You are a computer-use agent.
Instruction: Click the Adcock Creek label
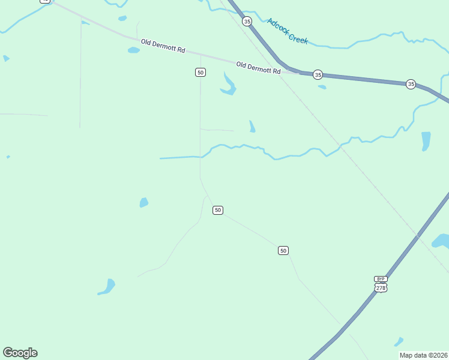click(288, 31)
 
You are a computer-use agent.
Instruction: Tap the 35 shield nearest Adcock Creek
click(247, 21)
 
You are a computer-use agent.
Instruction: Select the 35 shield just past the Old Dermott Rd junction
click(318, 75)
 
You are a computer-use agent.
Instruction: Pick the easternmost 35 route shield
click(411, 84)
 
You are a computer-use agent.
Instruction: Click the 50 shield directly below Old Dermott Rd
click(200, 72)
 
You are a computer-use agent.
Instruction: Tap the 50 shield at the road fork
click(218, 210)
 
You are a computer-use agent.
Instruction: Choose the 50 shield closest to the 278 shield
click(283, 250)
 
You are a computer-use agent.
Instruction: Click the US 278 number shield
click(381, 288)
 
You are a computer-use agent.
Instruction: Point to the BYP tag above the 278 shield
click(381, 279)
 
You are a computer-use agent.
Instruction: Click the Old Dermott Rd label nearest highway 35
click(258, 67)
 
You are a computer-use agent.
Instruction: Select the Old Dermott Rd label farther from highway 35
click(163, 46)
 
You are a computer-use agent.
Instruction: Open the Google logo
click(20, 353)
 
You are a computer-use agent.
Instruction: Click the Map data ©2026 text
click(424, 355)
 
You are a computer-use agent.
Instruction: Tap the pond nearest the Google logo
click(107, 287)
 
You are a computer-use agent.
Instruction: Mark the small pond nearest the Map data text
click(399, 341)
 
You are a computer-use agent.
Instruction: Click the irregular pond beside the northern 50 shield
click(228, 85)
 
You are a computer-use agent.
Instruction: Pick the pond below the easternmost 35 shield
click(426, 140)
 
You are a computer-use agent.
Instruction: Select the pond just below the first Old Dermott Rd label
click(133, 50)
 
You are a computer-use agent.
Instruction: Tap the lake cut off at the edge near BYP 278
click(442, 241)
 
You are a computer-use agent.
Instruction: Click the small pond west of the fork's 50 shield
click(144, 202)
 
